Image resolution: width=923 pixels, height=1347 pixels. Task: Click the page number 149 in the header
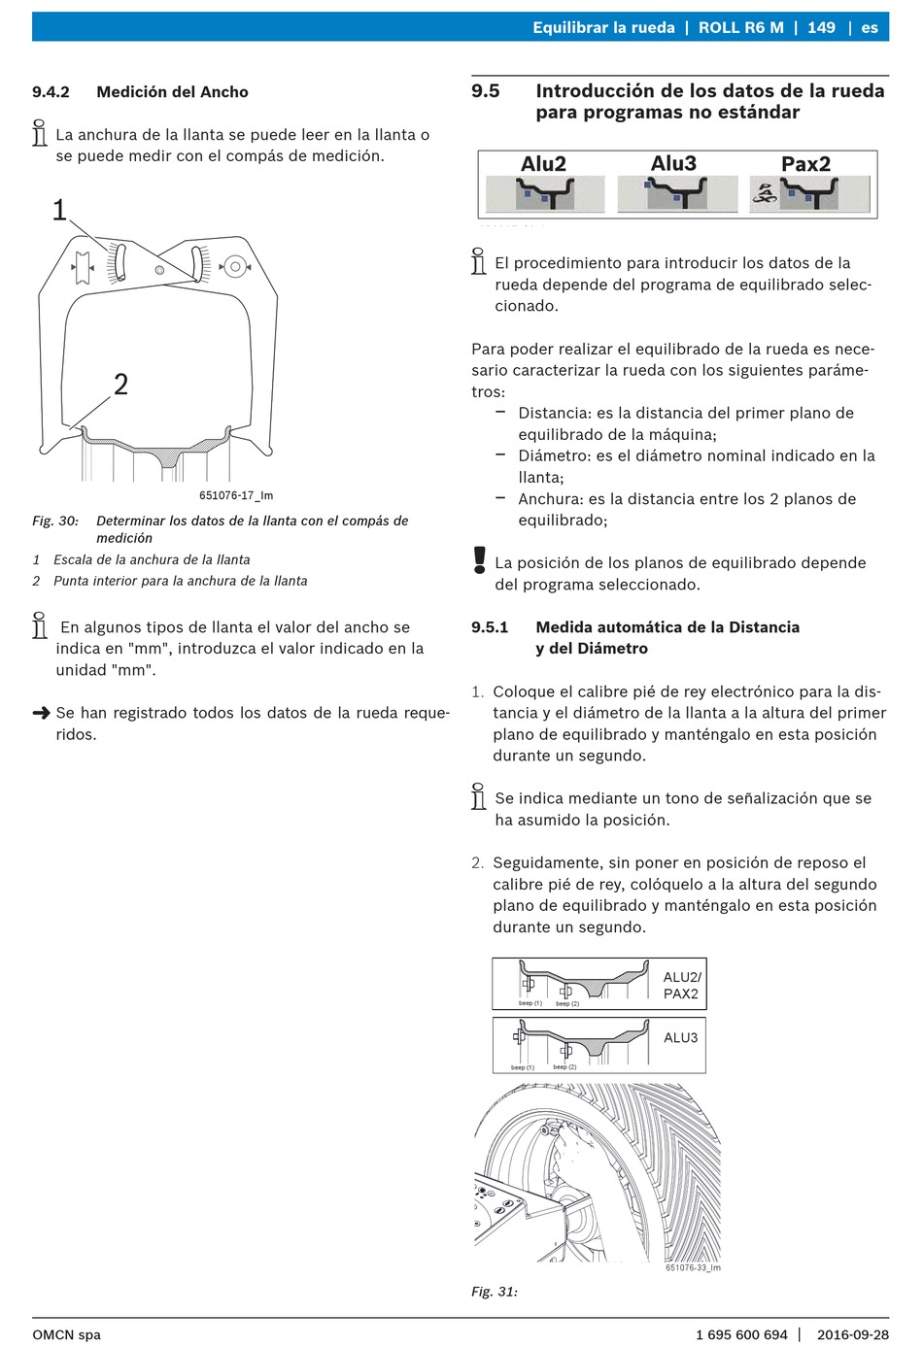pyautogui.click(x=821, y=27)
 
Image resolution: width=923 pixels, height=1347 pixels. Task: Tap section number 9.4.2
pyautogui.click(x=51, y=92)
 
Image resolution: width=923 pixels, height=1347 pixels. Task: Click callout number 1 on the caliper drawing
pyautogui.click(x=59, y=210)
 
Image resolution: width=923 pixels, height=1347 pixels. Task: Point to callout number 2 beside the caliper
pyautogui.click(x=120, y=385)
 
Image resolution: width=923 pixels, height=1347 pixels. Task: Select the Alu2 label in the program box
pyautogui.click(x=543, y=163)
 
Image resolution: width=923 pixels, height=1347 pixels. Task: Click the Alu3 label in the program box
pyautogui.click(x=673, y=163)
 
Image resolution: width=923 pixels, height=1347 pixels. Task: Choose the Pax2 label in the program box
pyautogui.click(x=805, y=163)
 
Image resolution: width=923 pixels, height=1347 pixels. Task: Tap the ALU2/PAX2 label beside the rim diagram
pyautogui.click(x=682, y=985)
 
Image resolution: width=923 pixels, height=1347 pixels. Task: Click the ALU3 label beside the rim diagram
pyautogui.click(x=680, y=1037)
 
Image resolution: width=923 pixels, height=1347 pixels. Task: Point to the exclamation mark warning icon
pyautogui.click(x=480, y=559)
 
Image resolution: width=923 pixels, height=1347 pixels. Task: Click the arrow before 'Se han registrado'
pyautogui.click(x=41, y=713)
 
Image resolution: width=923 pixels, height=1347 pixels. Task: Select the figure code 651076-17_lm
pyautogui.click(x=236, y=495)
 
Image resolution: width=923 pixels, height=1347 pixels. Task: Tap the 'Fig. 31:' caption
pyautogui.click(x=494, y=1291)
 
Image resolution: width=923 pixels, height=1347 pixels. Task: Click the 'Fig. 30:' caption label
pyautogui.click(x=55, y=521)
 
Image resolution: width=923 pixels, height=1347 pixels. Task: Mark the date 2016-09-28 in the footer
pyautogui.click(x=853, y=1334)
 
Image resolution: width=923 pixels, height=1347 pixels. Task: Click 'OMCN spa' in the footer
pyautogui.click(x=67, y=1335)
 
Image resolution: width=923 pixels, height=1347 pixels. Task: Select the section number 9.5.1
pyautogui.click(x=490, y=627)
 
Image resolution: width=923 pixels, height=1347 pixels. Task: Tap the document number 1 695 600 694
pyautogui.click(x=741, y=1334)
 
